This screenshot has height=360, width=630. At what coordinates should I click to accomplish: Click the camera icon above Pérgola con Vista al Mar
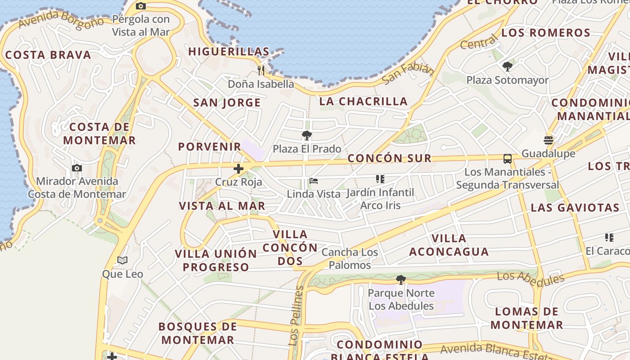tap(141, 6)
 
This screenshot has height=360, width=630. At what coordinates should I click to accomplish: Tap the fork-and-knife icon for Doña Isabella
tap(261, 70)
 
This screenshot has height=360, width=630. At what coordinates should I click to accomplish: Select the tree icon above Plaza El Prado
tap(307, 135)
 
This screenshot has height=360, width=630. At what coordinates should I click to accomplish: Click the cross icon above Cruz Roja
tap(238, 169)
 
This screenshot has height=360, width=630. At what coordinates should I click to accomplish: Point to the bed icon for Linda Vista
tap(314, 181)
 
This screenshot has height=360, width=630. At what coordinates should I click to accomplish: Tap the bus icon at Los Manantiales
tap(508, 159)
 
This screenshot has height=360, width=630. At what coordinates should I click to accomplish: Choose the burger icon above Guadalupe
tap(549, 140)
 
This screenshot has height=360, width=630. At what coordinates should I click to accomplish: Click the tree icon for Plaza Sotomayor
tap(508, 67)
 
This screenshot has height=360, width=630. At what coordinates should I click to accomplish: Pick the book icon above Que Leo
tap(122, 261)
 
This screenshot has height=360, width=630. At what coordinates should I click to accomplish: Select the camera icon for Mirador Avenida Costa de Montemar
tap(77, 168)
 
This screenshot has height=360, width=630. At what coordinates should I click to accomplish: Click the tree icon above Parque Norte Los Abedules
tap(400, 280)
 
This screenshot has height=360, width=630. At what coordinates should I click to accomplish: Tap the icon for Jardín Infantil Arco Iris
tap(380, 179)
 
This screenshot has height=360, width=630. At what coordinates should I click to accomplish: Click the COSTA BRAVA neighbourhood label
tap(48, 55)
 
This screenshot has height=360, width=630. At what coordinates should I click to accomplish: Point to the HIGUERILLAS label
tap(229, 52)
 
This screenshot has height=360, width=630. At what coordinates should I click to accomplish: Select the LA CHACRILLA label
tap(364, 102)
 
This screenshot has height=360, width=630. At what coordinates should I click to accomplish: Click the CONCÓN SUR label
tap(390, 158)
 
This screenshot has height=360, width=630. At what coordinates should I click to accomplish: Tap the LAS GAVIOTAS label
tap(575, 208)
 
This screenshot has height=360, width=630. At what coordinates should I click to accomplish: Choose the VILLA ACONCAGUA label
tap(449, 245)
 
